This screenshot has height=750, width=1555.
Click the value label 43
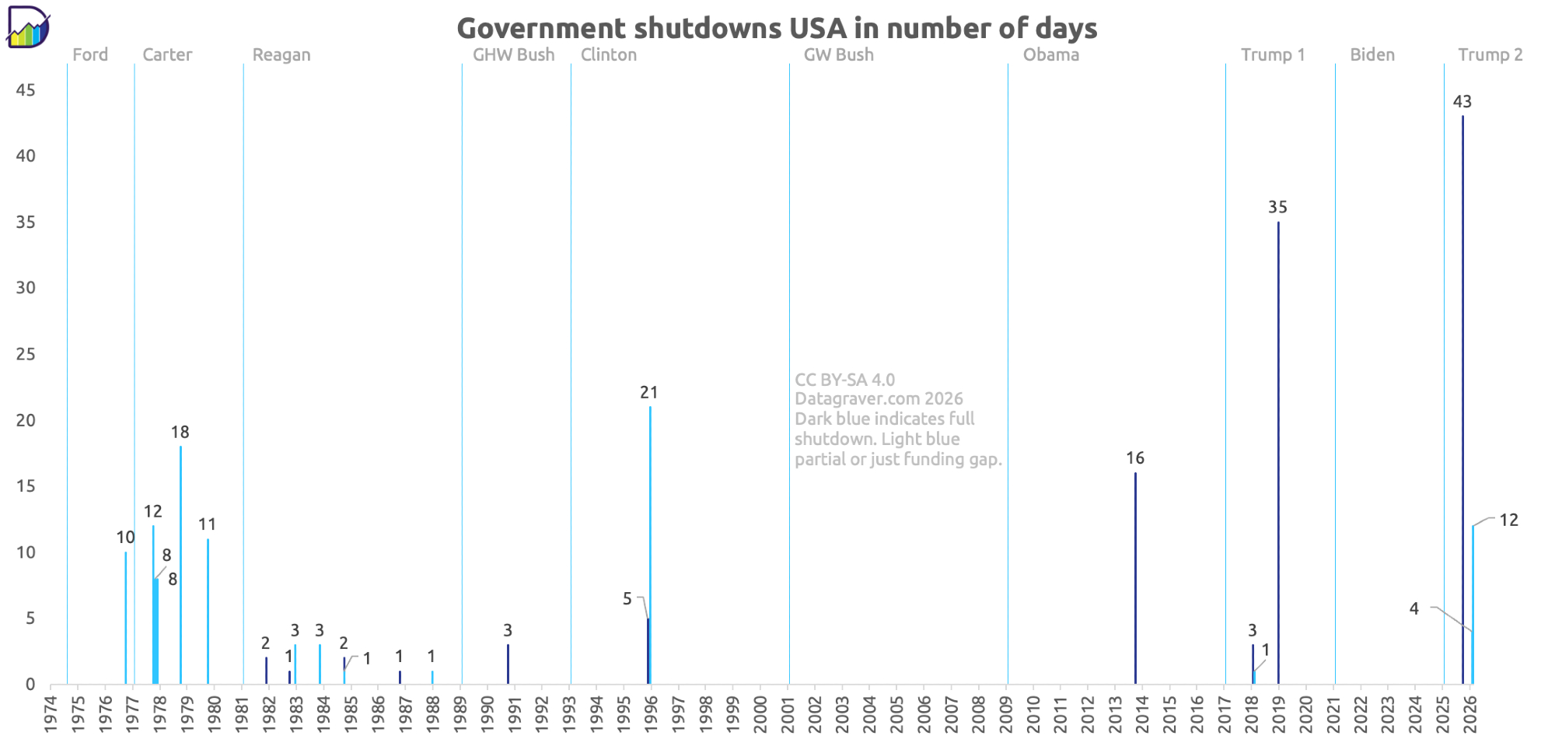pos(1462,102)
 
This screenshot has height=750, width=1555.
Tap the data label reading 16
pos(1135,458)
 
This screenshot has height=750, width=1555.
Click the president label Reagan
pos(281,55)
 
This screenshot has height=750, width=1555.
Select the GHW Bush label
pos(513,55)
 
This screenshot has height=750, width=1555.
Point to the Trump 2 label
pos(1490,55)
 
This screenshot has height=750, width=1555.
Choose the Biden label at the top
pos(1372,55)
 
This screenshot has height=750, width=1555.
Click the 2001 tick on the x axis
pos(788,713)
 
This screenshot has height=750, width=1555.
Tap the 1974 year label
pos(51,713)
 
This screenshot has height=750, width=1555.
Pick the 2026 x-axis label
pos(1470,713)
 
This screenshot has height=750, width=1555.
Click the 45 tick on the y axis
pos(26,90)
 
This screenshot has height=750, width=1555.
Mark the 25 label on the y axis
pos(26,355)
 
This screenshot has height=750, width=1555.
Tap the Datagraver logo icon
pos(28,28)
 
